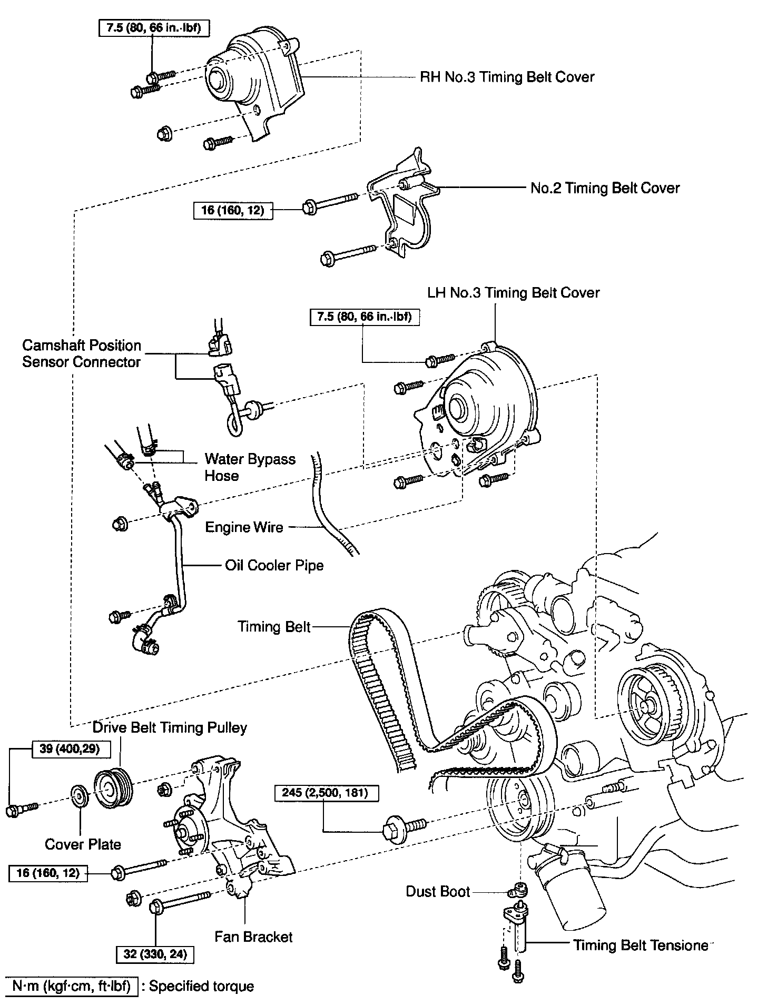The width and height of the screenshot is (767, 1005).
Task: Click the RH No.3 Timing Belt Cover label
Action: (x=507, y=77)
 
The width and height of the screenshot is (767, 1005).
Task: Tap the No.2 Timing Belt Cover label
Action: (x=605, y=188)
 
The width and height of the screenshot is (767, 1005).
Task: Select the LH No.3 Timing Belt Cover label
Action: (x=513, y=293)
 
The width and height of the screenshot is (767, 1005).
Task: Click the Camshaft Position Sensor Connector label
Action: (x=82, y=354)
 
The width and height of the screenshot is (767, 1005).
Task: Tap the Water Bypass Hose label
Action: (x=250, y=467)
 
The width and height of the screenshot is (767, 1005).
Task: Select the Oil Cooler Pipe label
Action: (x=274, y=565)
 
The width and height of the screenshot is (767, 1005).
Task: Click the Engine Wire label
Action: (x=244, y=527)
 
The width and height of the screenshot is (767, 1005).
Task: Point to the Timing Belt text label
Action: (x=274, y=626)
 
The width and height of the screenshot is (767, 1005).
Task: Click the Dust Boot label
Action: (x=438, y=891)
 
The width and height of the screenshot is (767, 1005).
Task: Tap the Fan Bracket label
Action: (x=253, y=937)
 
